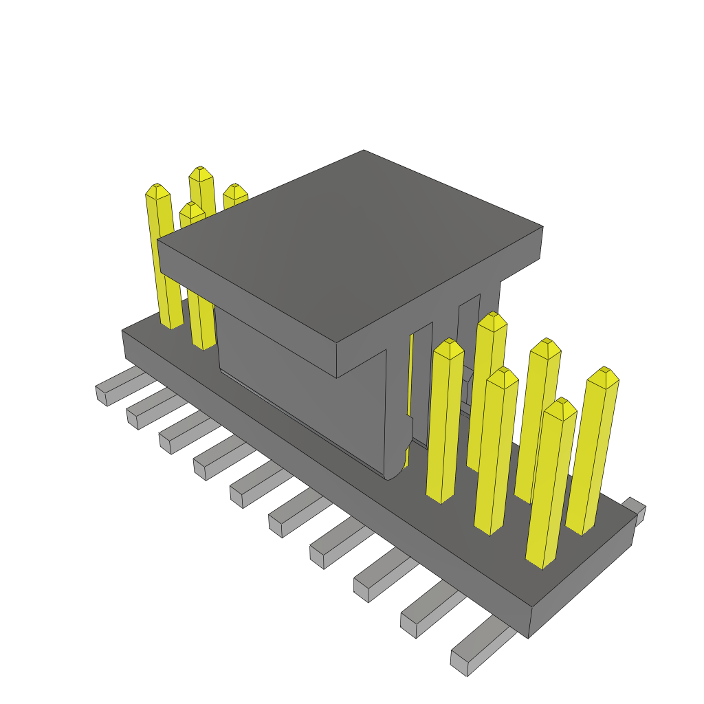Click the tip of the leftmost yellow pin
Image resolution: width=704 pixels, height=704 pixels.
click(x=157, y=188)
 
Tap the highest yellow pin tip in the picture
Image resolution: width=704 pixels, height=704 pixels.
click(x=200, y=170)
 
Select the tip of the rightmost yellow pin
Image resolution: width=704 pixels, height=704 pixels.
click(x=604, y=372)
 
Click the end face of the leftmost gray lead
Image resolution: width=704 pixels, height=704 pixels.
click(x=102, y=396)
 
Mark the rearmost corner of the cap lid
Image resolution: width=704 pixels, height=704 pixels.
click(x=364, y=151)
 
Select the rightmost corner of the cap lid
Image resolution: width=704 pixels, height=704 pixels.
click(x=542, y=227)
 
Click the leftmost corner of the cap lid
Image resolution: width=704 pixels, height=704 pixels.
click(x=158, y=241)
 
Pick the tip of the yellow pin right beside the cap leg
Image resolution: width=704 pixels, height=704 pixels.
click(x=449, y=343)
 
